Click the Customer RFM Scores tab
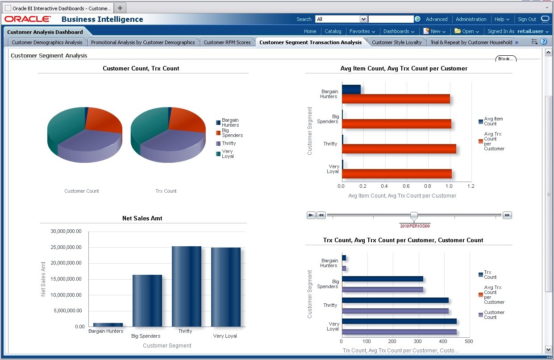click(227, 42)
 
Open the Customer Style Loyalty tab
click(396, 42)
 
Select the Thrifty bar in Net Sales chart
click(186, 286)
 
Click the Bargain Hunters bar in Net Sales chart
click(108, 324)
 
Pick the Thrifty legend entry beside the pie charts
click(229, 144)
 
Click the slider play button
click(311, 215)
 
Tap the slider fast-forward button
click(507, 215)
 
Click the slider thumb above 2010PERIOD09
click(414, 216)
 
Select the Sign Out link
click(527, 19)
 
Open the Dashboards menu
click(399, 31)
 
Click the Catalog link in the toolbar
click(333, 31)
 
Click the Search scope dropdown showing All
click(341, 19)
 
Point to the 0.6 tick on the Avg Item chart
click(406, 186)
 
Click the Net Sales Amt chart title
click(142, 218)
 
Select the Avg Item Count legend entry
click(493, 121)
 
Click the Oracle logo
click(28, 19)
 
